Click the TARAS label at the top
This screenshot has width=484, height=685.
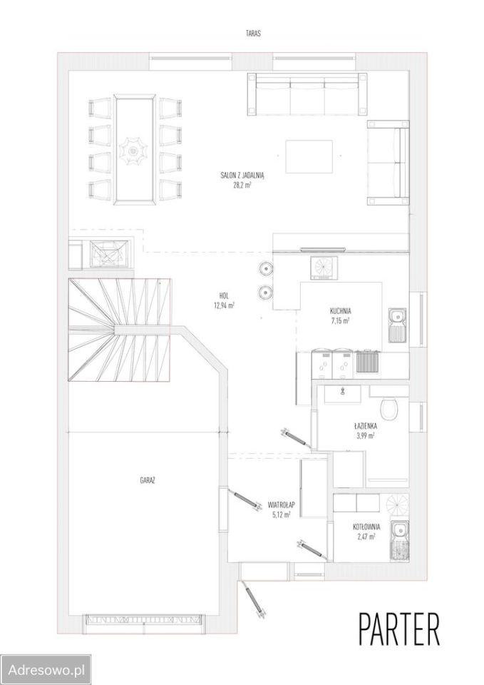click(x=253, y=34)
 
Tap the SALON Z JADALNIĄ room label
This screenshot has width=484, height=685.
click(x=242, y=176)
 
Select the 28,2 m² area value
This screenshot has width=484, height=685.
click(x=242, y=185)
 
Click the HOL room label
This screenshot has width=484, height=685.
click(x=225, y=295)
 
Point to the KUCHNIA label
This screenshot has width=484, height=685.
click(x=341, y=312)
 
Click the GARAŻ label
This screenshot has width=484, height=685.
click(x=148, y=480)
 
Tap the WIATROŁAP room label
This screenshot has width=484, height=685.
click(x=282, y=505)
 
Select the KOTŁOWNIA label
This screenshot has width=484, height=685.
click(x=366, y=527)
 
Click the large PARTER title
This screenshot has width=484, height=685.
click(x=399, y=630)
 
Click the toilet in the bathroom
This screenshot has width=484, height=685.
click(x=390, y=409)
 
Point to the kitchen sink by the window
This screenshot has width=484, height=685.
click(x=397, y=325)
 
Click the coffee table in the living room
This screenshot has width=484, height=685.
click(x=309, y=156)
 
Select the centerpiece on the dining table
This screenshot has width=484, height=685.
click(x=133, y=150)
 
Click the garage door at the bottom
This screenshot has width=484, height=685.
click(x=143, y=620)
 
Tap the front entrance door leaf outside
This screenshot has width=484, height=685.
click(x=254, y=600)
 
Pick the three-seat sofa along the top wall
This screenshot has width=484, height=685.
click(x=308, y=94)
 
